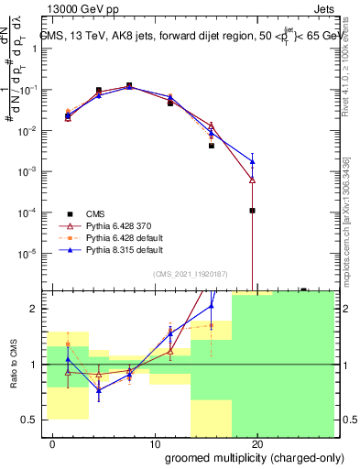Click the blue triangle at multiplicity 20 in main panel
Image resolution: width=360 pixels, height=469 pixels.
coord(252,161)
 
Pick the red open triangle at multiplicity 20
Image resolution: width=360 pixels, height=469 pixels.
coord(252,180)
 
